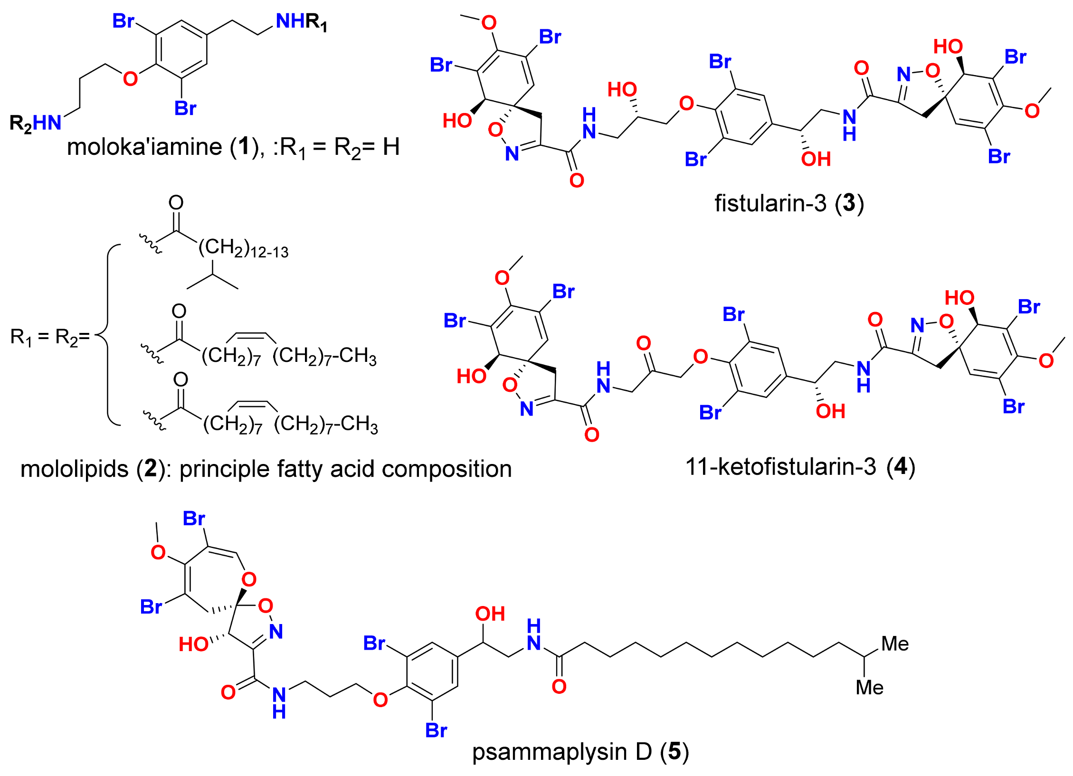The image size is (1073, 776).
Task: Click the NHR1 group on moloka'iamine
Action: [x=301, y=22]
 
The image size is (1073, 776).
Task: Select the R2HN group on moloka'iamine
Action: [x=36, y=123]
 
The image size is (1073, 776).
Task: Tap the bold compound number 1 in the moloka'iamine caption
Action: [x=244, y=146]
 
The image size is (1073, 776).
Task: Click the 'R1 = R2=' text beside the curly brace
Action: [x=50, y=337]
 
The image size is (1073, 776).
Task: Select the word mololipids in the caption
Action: [x=74, y=469]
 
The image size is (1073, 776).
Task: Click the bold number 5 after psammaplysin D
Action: [x=674, y=751]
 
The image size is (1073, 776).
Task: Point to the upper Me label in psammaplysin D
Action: [x=895, y=644]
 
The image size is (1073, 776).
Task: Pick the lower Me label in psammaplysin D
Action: [x=869, y=688]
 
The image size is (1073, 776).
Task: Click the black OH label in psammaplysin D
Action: [x=490, y=614]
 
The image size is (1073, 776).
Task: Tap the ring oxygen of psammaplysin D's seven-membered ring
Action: [x=249, y=579]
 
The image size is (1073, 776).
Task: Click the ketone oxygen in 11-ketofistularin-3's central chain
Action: [x=643, y=343]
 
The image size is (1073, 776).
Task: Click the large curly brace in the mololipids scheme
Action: [x=108, y=335]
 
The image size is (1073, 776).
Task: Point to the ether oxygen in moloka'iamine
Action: [x=130, y=79]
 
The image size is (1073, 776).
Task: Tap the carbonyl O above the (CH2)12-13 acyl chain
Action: [x=176, y=203]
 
